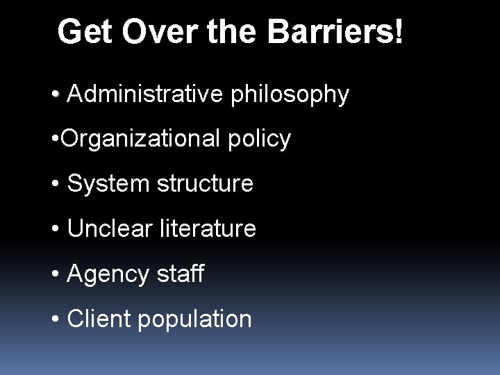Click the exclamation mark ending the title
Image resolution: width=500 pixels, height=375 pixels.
click(397, 32)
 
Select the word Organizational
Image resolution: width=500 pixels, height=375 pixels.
click(138, 140)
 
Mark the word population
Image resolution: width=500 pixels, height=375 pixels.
click(196, 320)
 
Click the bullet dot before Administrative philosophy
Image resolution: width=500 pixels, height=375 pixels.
click(55, 95)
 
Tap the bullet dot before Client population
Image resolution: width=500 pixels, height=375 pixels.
click(55, 319)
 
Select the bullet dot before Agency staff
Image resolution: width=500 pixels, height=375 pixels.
click(55, 274)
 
